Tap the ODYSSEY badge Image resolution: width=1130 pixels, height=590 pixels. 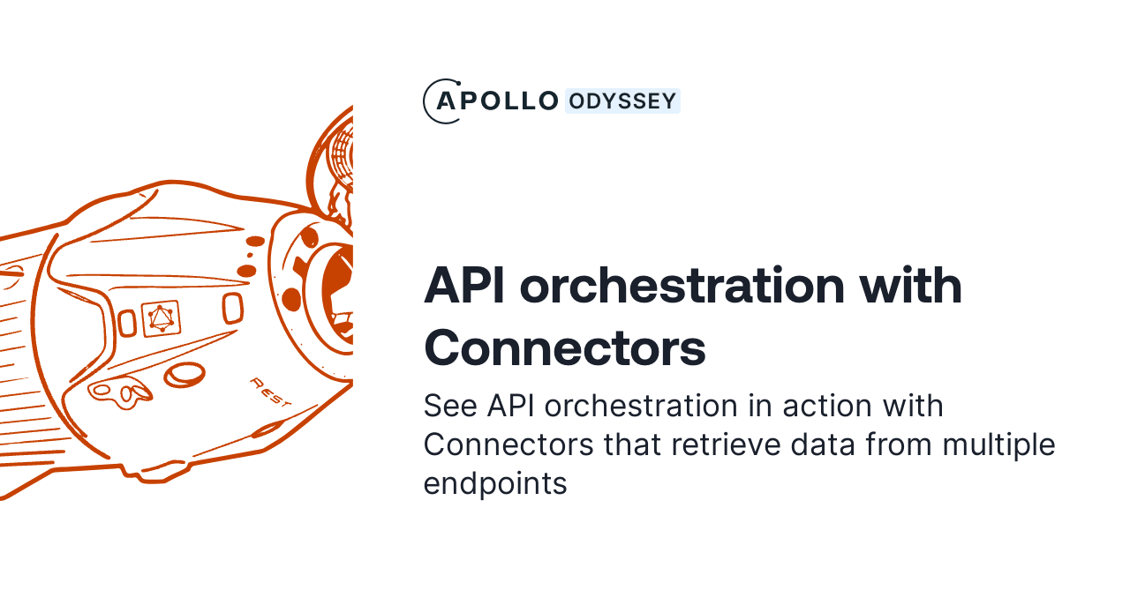point(622,101)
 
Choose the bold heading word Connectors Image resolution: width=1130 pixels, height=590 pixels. point(565,348)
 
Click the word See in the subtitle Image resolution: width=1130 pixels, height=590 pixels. point(451,407)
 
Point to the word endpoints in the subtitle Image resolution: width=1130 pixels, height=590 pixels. point(494,484)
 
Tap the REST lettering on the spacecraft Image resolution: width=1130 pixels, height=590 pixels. point(271,391)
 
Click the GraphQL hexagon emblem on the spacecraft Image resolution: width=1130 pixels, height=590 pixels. point(161,318)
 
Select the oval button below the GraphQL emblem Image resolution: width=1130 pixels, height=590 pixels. point(185,375)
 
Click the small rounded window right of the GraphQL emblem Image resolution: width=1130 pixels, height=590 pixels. point(232,308)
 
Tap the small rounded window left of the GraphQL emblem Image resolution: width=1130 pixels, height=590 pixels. point(127,323)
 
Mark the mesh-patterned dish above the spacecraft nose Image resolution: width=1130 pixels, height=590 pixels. point(343,159)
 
